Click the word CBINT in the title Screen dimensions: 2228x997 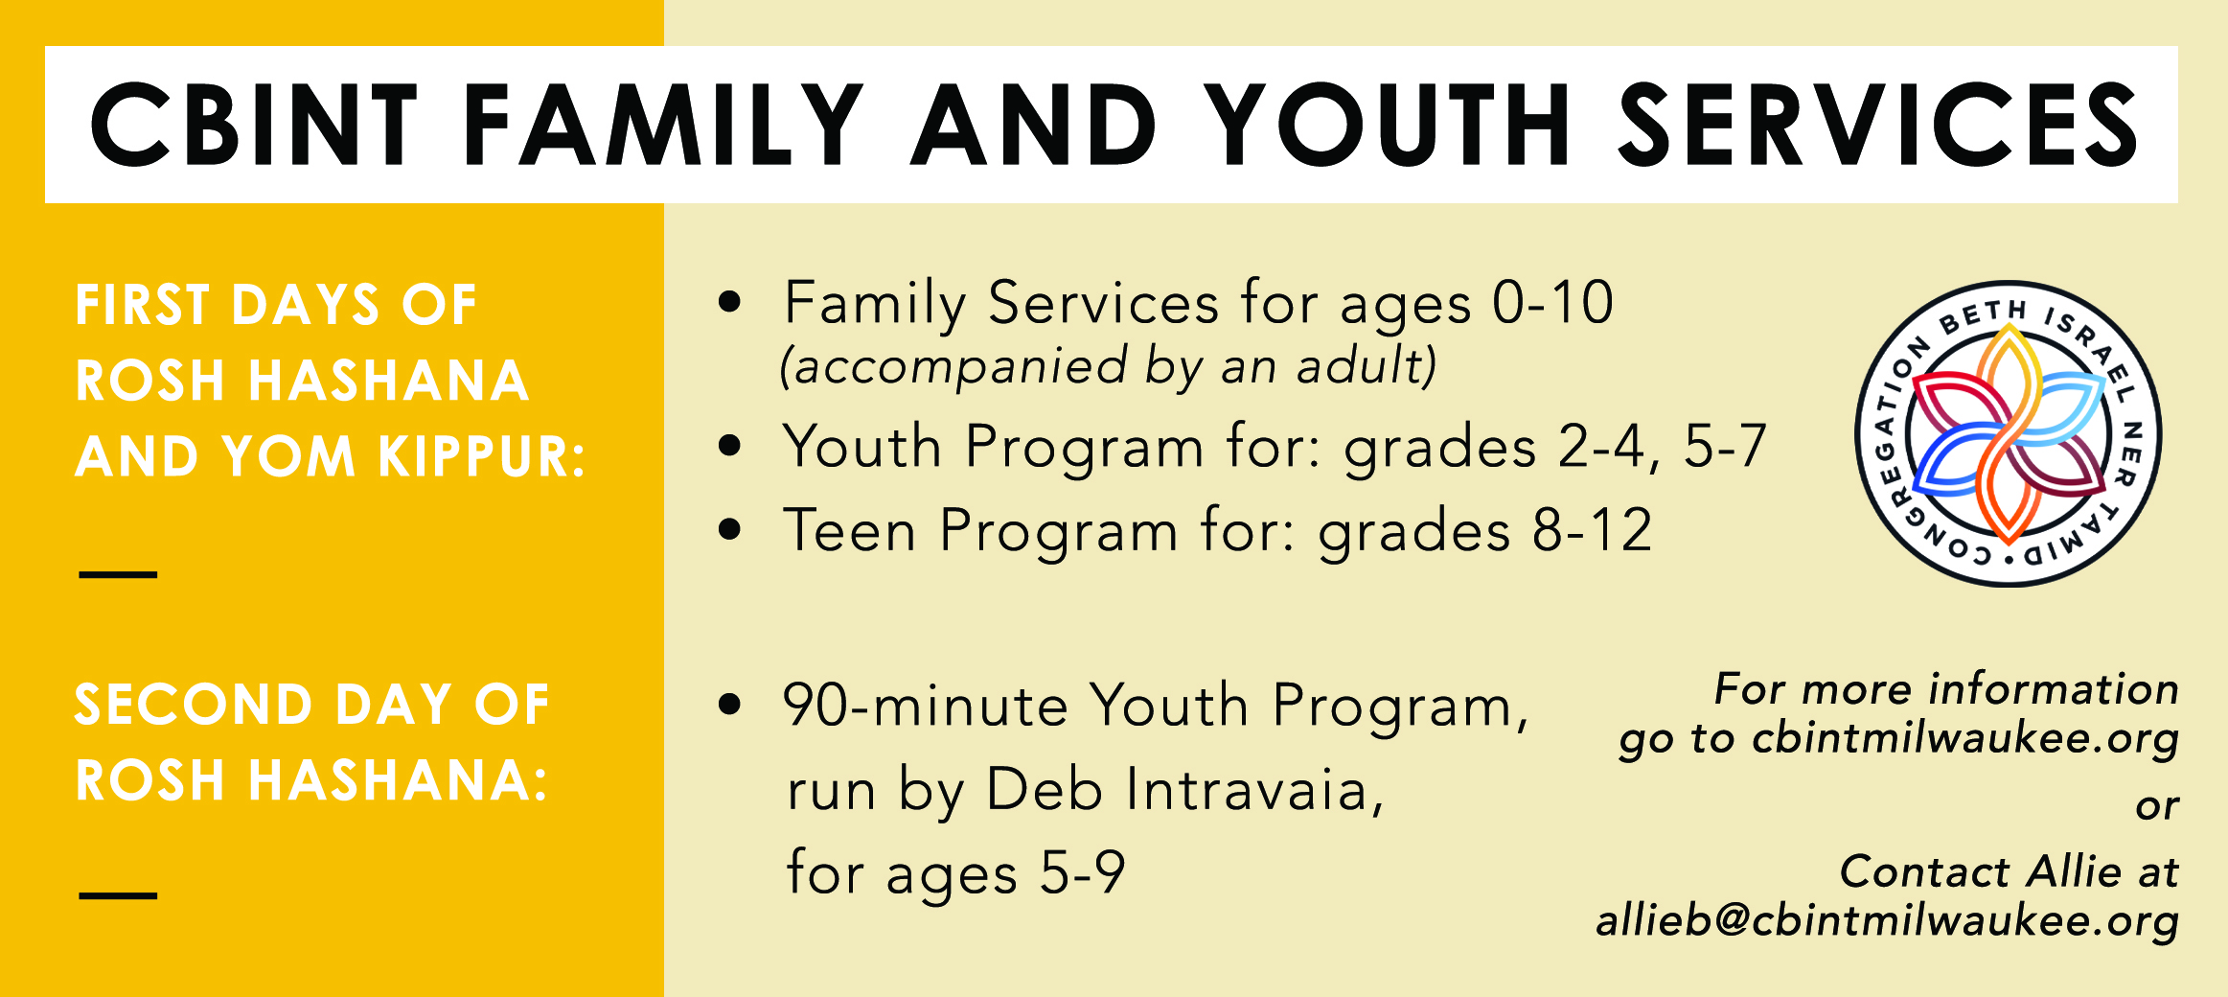(253, 125)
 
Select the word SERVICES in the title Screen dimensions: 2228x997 (1878, 125)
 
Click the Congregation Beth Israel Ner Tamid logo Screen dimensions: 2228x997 (2009, 433)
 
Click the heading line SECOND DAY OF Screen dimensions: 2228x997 (312, 705)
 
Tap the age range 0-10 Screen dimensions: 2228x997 (1553, 303)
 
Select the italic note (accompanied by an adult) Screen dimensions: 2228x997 (1108, 366)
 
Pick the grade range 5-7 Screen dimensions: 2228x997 (1725, 447)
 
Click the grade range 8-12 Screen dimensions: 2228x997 (1592, 530)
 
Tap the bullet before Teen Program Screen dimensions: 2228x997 (730, 529)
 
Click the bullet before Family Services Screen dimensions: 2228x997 (730, 301)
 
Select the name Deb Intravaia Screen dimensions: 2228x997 (1185, 790)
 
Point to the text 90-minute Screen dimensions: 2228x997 (925, 706)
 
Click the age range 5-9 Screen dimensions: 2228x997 (1083, 873)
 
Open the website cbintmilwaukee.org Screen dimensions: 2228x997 (1965, 738)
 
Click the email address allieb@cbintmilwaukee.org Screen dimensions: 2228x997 (1888, 920)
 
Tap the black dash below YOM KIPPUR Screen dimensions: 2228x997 (118, 574)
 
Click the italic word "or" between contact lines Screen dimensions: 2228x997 (2158, 807)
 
